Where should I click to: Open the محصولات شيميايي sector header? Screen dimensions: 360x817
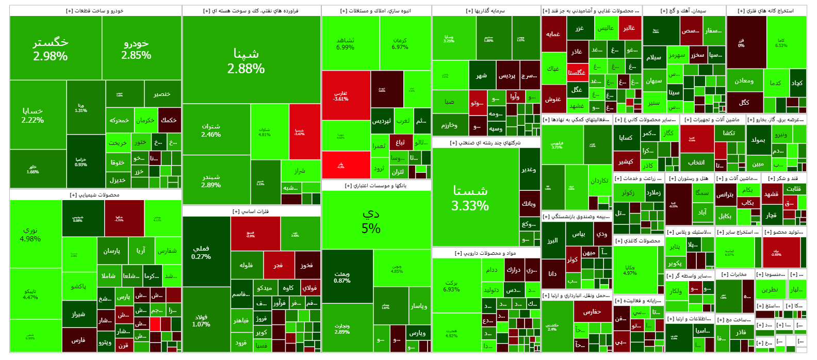pyautogui.click(x=95, y=195)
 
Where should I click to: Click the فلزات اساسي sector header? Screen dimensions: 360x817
pyautogui.click(x=251, y=211)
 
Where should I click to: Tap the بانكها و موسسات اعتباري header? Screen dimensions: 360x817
pyautogui.click(x=375, y=185)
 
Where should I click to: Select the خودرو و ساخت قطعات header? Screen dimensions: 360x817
pyautogui.click(x=95, y=10)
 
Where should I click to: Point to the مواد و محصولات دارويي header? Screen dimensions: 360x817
pyautogui.click(x=485, y=253)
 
